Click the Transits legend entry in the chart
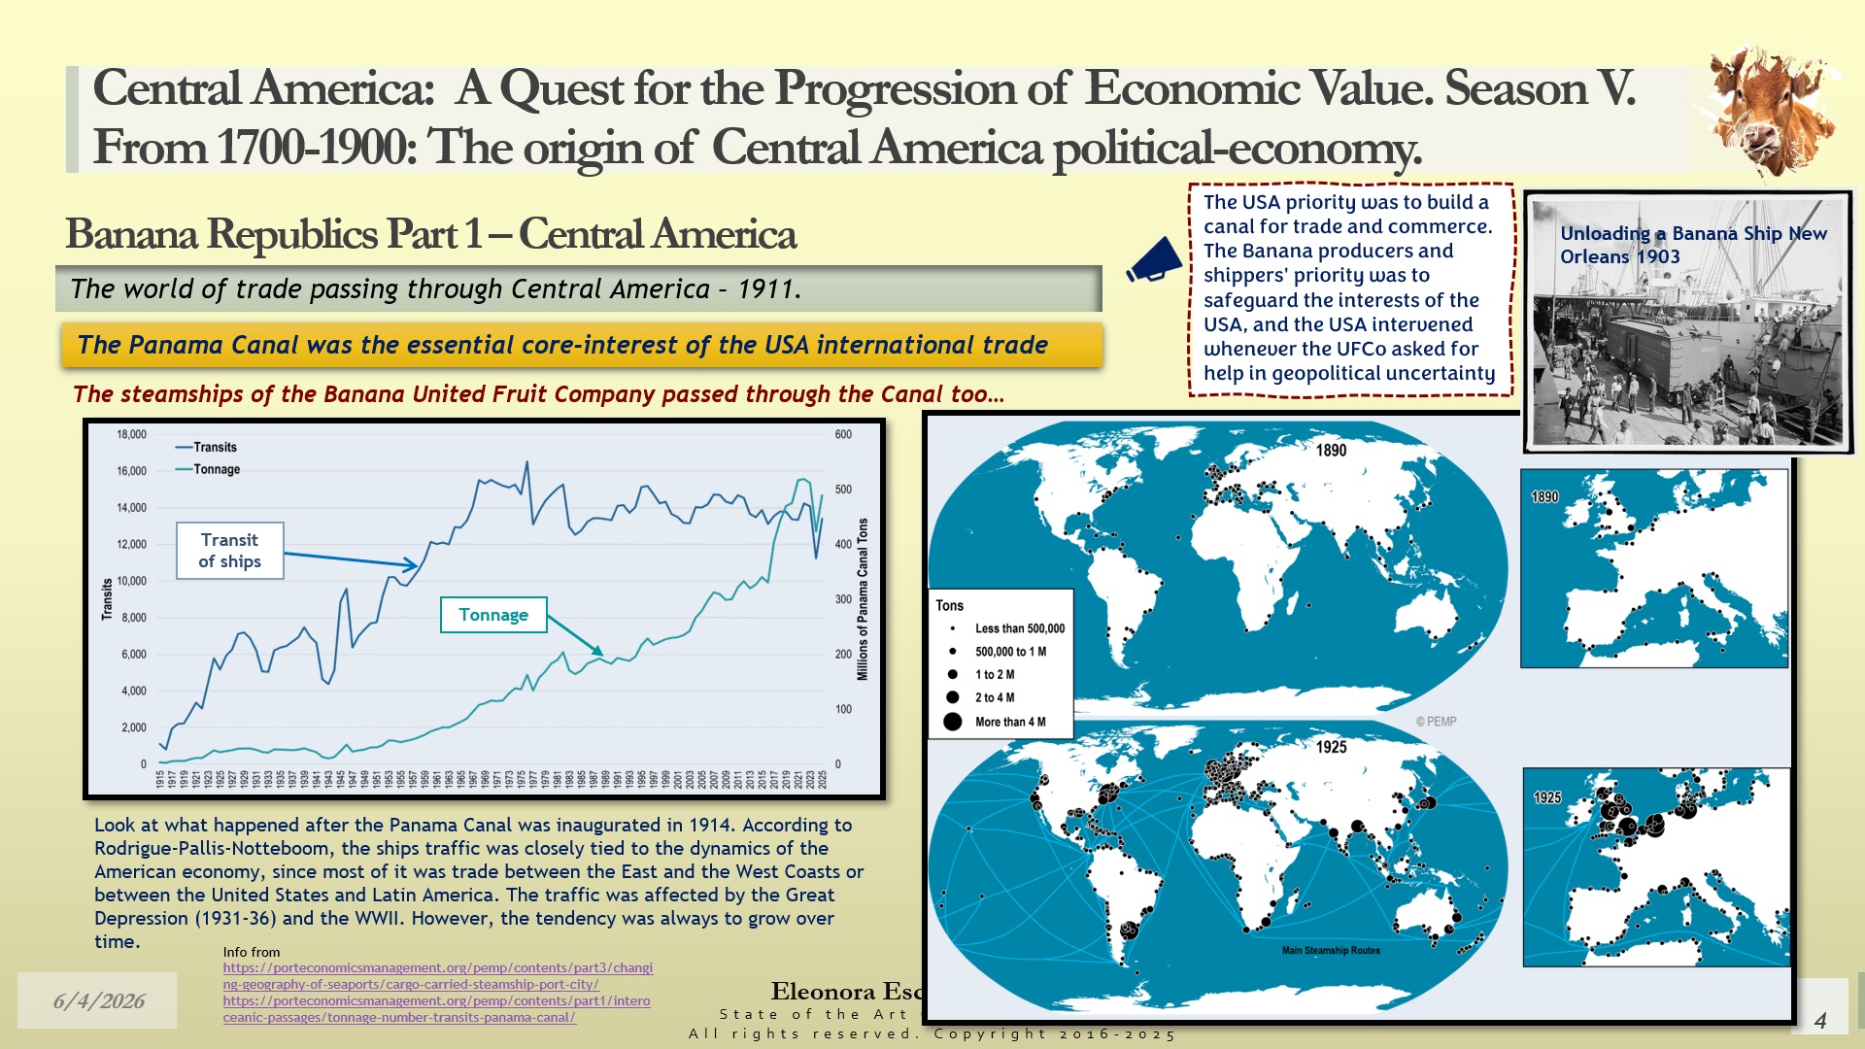[215, 447]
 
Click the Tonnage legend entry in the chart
[216, 469]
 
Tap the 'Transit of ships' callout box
[230, 551]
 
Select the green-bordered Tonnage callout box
[493, 615]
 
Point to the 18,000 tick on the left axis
[131, 434]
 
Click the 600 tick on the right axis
[843, 434]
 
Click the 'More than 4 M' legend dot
[953, 722]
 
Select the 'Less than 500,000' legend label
[1019, 628]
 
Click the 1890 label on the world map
[1331, 450]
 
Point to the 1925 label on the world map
[1331, 747]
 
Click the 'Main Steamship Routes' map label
[1331, 950]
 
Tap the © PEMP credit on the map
[1436, 722]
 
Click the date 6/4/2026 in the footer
[99, 1001]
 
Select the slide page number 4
[1820, 1020]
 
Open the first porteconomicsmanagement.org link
[437, 975]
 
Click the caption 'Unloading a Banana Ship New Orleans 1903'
[1693, 245]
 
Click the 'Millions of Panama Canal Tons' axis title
[863, 599]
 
